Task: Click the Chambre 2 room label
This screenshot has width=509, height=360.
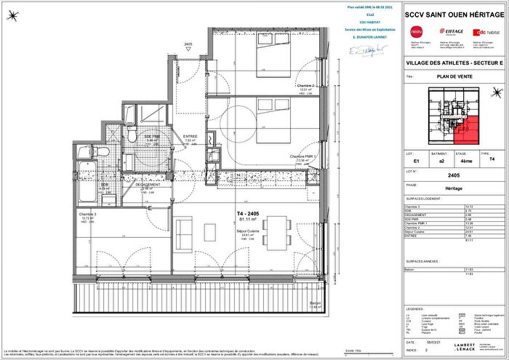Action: tap(306, 86)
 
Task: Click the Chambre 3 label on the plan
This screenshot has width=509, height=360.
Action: tap(88, 215)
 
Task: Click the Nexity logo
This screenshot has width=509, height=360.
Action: tap(417, 31)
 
